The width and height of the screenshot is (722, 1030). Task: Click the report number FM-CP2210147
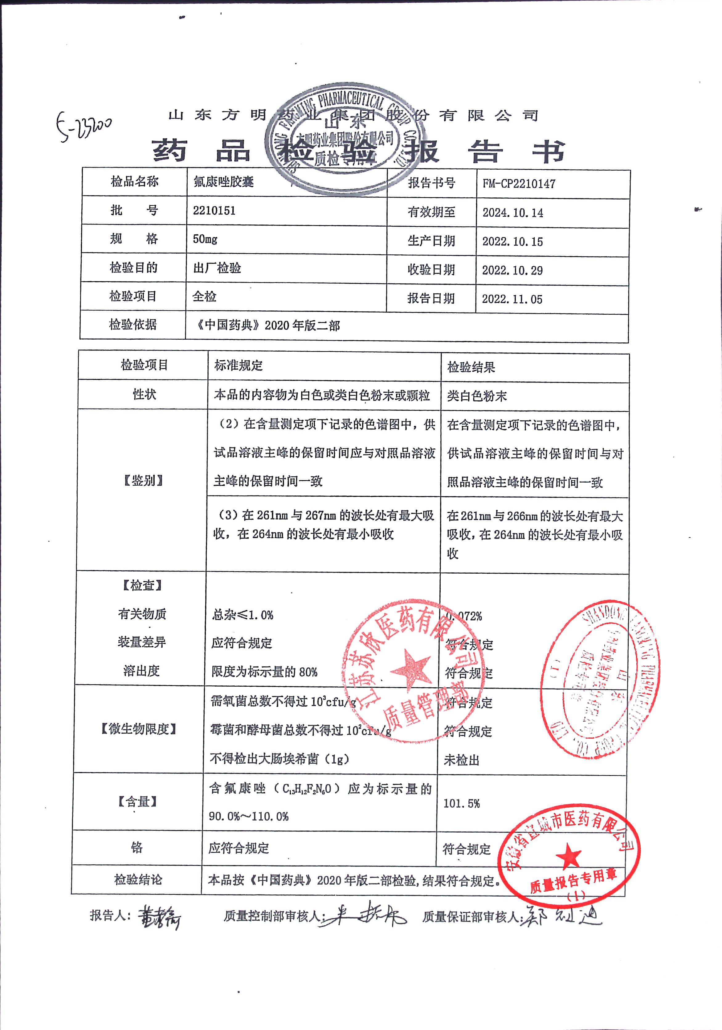click(519, 184)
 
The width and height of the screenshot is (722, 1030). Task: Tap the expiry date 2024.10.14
click(512, 213)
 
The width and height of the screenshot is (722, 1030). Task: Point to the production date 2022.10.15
click(512, 241)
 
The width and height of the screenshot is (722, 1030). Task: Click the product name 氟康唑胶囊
click(224, 182)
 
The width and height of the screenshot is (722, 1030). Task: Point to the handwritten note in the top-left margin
click(84, 126)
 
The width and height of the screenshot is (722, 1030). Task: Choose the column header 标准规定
click(239, 366)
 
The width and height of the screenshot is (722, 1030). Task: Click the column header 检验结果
click(471, 367)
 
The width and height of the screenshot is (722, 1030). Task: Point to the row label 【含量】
click(137, 801)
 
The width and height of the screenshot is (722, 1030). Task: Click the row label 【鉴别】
click(143, 480)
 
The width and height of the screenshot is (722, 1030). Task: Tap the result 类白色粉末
click(477, 396)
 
